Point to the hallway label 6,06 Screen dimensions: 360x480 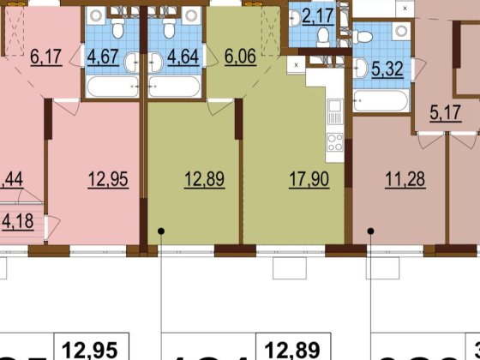click(238, 58)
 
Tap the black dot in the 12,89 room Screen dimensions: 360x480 click(161, 231)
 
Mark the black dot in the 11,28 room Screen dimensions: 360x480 click(370, 231)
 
